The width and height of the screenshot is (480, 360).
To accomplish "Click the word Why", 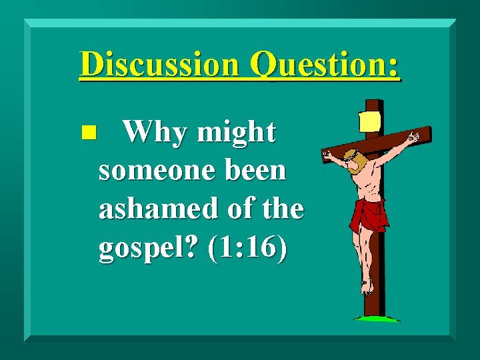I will coord(156,133).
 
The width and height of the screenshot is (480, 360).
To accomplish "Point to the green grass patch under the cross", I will coord(377,319).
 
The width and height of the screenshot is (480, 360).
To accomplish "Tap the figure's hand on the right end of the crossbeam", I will coord(414,138).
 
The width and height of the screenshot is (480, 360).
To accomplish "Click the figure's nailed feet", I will coord(367,287).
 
